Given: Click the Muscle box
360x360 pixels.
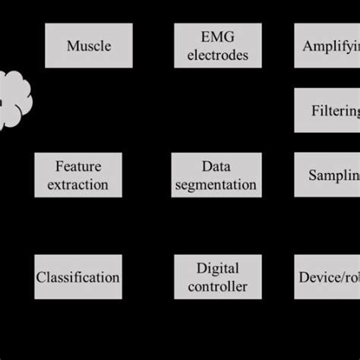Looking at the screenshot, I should pos(89,46).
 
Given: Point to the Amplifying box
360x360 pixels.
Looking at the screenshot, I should pos(327,46).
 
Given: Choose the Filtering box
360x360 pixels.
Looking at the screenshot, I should pos(327,111).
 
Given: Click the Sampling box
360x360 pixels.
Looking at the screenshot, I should pos(327,175).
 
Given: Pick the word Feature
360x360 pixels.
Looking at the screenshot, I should pos(78,166).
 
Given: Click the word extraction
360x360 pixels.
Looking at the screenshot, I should pos(78,185).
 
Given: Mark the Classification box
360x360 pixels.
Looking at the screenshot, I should pos(78,277).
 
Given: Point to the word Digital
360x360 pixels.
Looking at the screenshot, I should pos(218,268).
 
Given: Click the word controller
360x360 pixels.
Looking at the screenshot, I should pos(218,287).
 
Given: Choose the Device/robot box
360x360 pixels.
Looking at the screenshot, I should pos(327,277).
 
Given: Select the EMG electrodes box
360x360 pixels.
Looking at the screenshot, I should pos(218,46).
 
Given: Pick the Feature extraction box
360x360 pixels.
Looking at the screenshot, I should pos(78,175).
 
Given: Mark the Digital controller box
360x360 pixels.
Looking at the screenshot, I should pos(218,277).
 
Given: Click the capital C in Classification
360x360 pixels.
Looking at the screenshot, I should pos(41,277).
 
